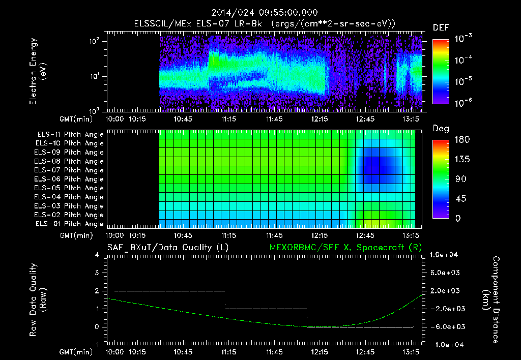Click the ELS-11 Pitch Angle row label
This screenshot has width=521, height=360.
pyautogui.click(x=70, y=135)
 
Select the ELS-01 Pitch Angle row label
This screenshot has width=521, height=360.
pyautogui.click(x=70, y=224)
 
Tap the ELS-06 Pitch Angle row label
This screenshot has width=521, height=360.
pyautogui.click(x=70, y=179)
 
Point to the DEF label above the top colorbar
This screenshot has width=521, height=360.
pyautogui.click(x=441, y=27)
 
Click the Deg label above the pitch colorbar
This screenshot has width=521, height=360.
pyautogui.click(x=441, y=129)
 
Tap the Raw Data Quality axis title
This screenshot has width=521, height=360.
pyautogui.click(x=38, y=300)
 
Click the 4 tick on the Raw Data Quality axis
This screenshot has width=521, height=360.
pyautogui.click(x=97, y=255)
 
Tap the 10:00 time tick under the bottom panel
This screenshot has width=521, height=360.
pyautogui.click(x=114, y=351)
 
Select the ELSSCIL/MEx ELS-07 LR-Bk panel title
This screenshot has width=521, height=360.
pyautogui.click(x=265, y=24)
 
